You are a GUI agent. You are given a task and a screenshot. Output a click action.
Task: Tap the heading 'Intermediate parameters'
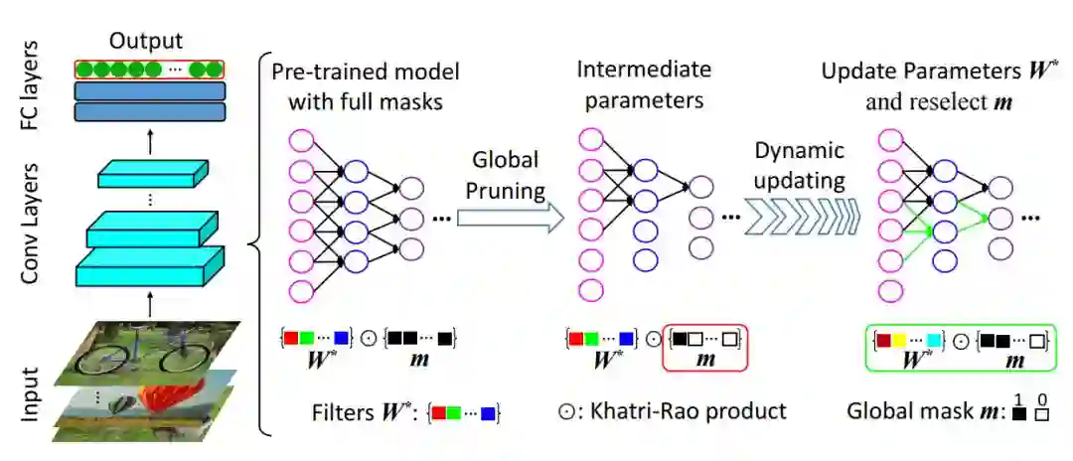tap(644, 85)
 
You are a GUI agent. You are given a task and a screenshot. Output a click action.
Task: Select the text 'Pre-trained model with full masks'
tap(365, 85)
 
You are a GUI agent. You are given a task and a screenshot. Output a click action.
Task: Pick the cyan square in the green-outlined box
tap(933, 340)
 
